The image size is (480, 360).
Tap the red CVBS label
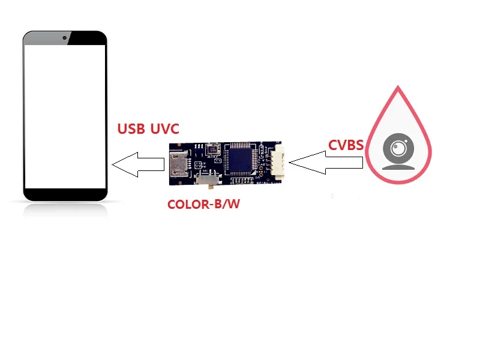[x=346, y=145]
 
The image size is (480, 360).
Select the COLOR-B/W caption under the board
[x=203, y=204]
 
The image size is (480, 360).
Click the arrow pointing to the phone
[x=137, y=164]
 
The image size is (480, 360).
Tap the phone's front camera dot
[x=64, y=38]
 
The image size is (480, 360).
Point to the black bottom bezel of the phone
[x=65, y=194]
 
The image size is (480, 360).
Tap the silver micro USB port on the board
[x=178, y=164]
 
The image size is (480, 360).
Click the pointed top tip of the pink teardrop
[x=397, y=88]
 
